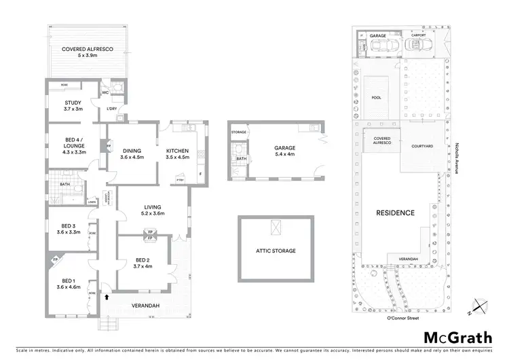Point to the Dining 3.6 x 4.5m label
tap(133, 154)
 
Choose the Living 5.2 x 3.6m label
tap(153, 211)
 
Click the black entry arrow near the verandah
tap(107, 296)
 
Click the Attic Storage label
tap(275, 251)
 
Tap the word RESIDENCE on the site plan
tap(396, 213)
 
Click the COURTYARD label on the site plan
tap(422, 146)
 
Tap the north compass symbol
tap(481, 307)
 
